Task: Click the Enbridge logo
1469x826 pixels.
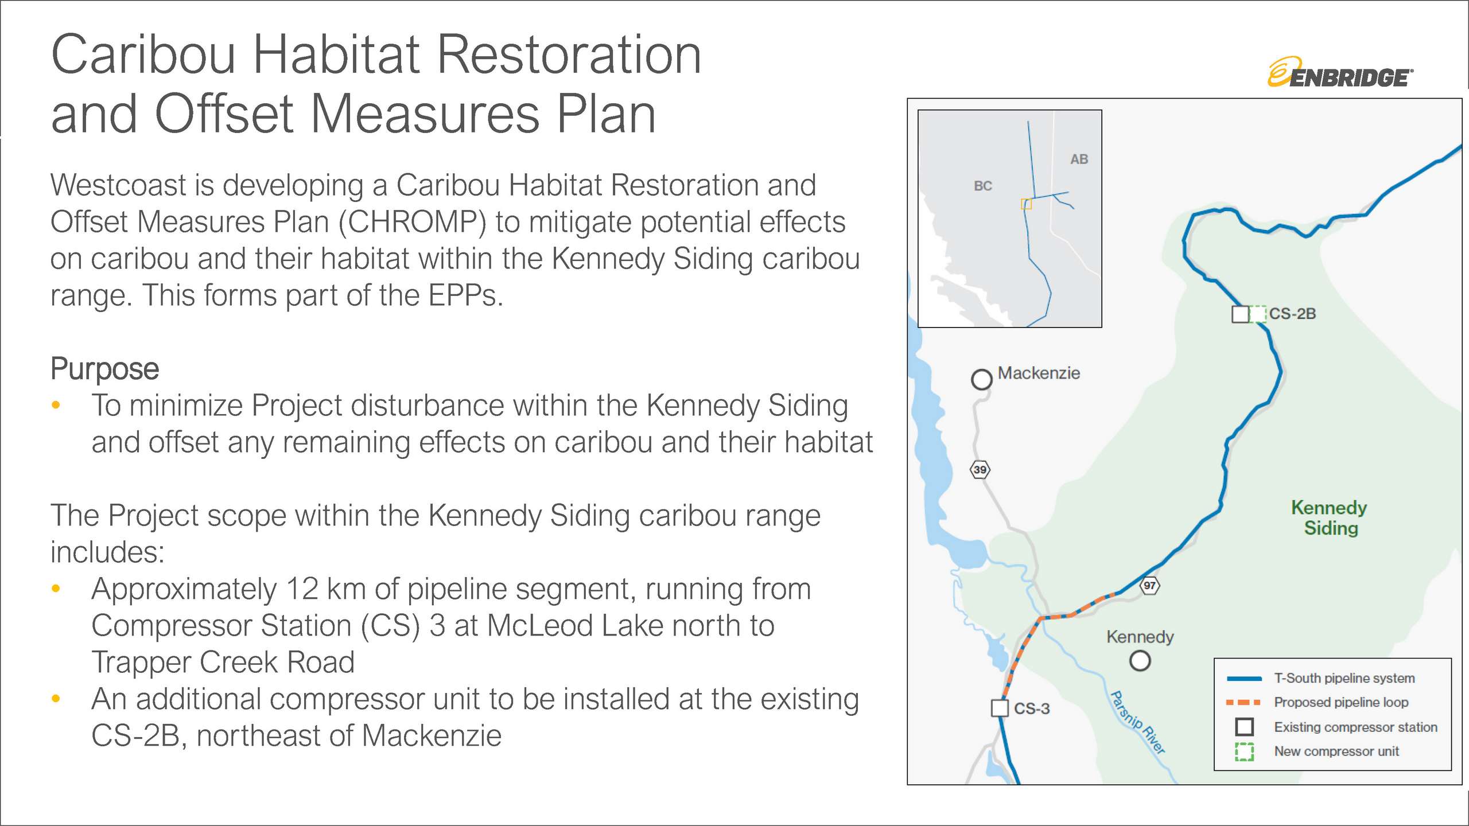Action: click(1340, 72)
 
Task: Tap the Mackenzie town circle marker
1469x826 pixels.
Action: click(982, 379)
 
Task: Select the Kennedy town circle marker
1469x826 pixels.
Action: click(1140, 661)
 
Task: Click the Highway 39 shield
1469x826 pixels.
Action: click(980, 470)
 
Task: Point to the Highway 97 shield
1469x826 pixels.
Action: click(1149, 586)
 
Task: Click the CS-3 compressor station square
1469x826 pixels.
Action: click(1000, 708)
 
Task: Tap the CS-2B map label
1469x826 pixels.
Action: click(1292, 314)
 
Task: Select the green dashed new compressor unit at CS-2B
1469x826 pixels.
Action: click(1258, 314)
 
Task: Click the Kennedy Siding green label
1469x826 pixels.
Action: click(1330, 518)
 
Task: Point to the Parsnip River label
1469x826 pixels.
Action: click(1138, 723)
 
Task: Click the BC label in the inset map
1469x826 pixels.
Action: click(983, 186)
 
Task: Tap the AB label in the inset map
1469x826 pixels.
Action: click(1079, 159)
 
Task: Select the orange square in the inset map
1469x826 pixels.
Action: click(1027, 204)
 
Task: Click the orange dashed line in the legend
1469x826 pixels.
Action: click(1243, 703)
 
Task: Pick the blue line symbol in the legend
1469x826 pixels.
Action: click(1243, 679)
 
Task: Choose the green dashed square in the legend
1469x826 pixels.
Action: click(1244, 751)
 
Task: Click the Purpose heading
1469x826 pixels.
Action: click(104, 369)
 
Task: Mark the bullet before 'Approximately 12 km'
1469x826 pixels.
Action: click(56, 589)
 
